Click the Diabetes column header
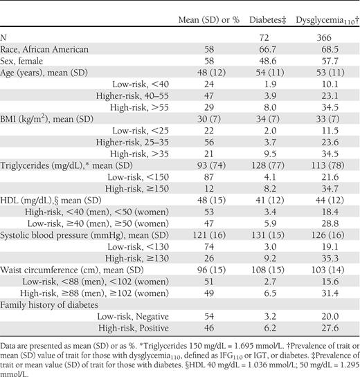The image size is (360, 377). (x=268, y=20)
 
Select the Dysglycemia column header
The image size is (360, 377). (x=327, y=21)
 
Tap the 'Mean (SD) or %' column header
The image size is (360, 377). (x=209, y=20)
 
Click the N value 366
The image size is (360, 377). (x=324, y=37)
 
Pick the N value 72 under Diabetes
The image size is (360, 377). (x=264, y=37)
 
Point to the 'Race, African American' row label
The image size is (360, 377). (x=44, y=49)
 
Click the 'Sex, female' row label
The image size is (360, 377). (x=21, y=61)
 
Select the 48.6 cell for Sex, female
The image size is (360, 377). (x=267, y=61)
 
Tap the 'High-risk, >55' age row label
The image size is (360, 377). (x=139, y=107)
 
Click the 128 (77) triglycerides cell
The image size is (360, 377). (x=268, y=165)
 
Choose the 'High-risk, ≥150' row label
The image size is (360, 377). (x=137, y=189)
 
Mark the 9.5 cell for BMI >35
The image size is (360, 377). (x=270, y=154)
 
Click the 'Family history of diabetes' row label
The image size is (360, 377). (x=49, y=305)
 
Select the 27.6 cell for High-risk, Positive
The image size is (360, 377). (x=330, y=328)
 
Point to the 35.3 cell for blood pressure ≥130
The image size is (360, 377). (x=330, y=259)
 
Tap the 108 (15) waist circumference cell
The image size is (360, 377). (x=268, y=270)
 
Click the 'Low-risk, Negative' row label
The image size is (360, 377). (x=133, y=317)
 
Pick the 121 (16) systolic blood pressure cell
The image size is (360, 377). (x=209, y=235)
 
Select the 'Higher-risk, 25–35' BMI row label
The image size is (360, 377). (x=132, y=142)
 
